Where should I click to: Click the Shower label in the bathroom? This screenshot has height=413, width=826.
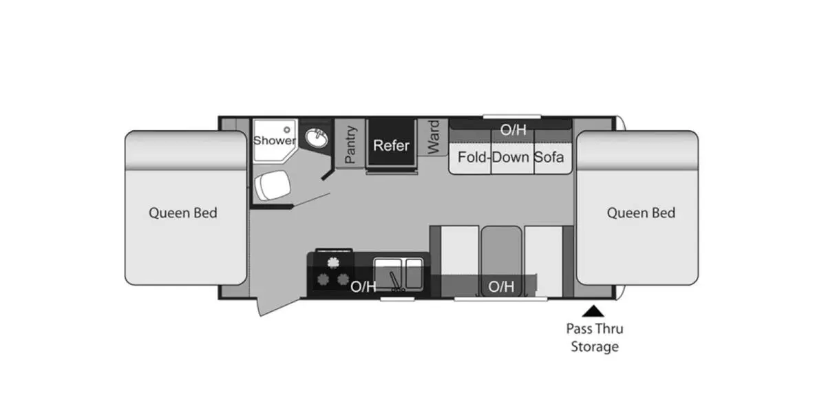tap(275, 140)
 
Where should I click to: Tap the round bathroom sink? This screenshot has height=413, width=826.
tap(317, 138)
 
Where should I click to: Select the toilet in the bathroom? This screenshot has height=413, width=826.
tap(273, 185)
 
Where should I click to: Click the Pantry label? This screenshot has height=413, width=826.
tap(350, 145)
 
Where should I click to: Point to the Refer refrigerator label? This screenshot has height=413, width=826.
tap(391, 145)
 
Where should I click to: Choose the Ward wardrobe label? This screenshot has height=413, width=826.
tap(433, 137)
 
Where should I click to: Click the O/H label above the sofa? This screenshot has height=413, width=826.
tap(513, 130)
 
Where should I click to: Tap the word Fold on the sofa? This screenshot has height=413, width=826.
tap(472, 158)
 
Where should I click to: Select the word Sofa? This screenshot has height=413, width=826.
tap(549, 158)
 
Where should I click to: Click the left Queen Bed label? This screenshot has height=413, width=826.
tap(183, 213)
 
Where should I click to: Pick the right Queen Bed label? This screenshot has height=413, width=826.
tap(642, 213)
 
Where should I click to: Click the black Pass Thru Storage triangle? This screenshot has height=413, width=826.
tap(593, 311)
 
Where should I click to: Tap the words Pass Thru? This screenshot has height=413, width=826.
tap(595, 328)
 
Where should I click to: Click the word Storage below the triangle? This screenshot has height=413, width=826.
tap(595, 347)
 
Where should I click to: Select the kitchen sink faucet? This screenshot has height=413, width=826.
tap(395, 281)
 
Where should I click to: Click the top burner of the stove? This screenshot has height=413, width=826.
tap(333, 262)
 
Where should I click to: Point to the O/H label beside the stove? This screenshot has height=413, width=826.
tap(363, 286)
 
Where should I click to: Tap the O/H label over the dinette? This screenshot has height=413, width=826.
tap(501, 286)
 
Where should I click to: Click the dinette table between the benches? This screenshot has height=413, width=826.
tap(502, 261)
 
